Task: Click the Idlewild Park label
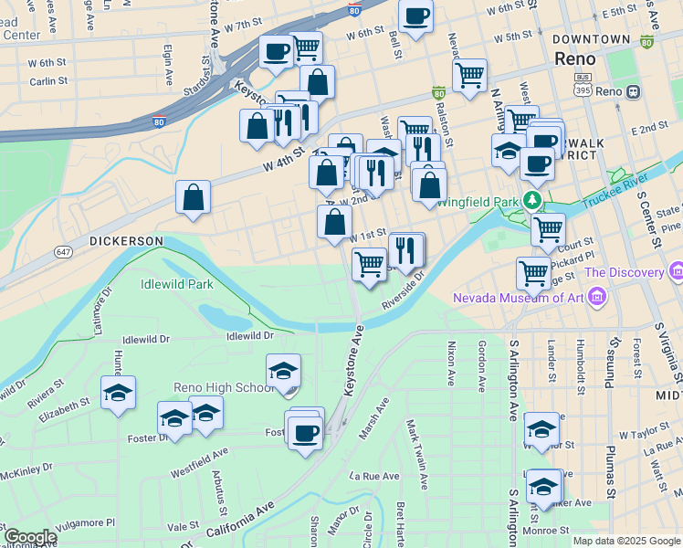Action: click(177, 284)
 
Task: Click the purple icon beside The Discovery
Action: click(676, 271)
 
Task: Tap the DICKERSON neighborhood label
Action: click(126, 241)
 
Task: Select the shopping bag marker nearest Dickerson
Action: click(193, 197)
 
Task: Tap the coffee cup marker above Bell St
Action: click(415, 16)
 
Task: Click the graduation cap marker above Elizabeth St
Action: click(119, 393)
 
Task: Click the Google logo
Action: click(30, 537)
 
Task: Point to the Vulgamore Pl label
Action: click(84, 522)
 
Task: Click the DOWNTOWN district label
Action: click(591, 39)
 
